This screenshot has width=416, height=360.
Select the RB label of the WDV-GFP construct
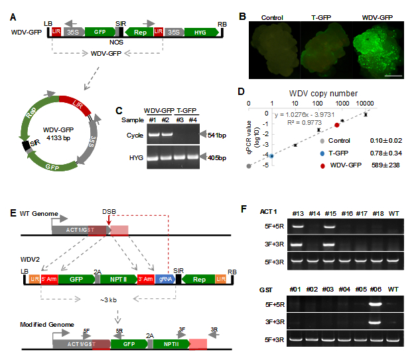[222, 24]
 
